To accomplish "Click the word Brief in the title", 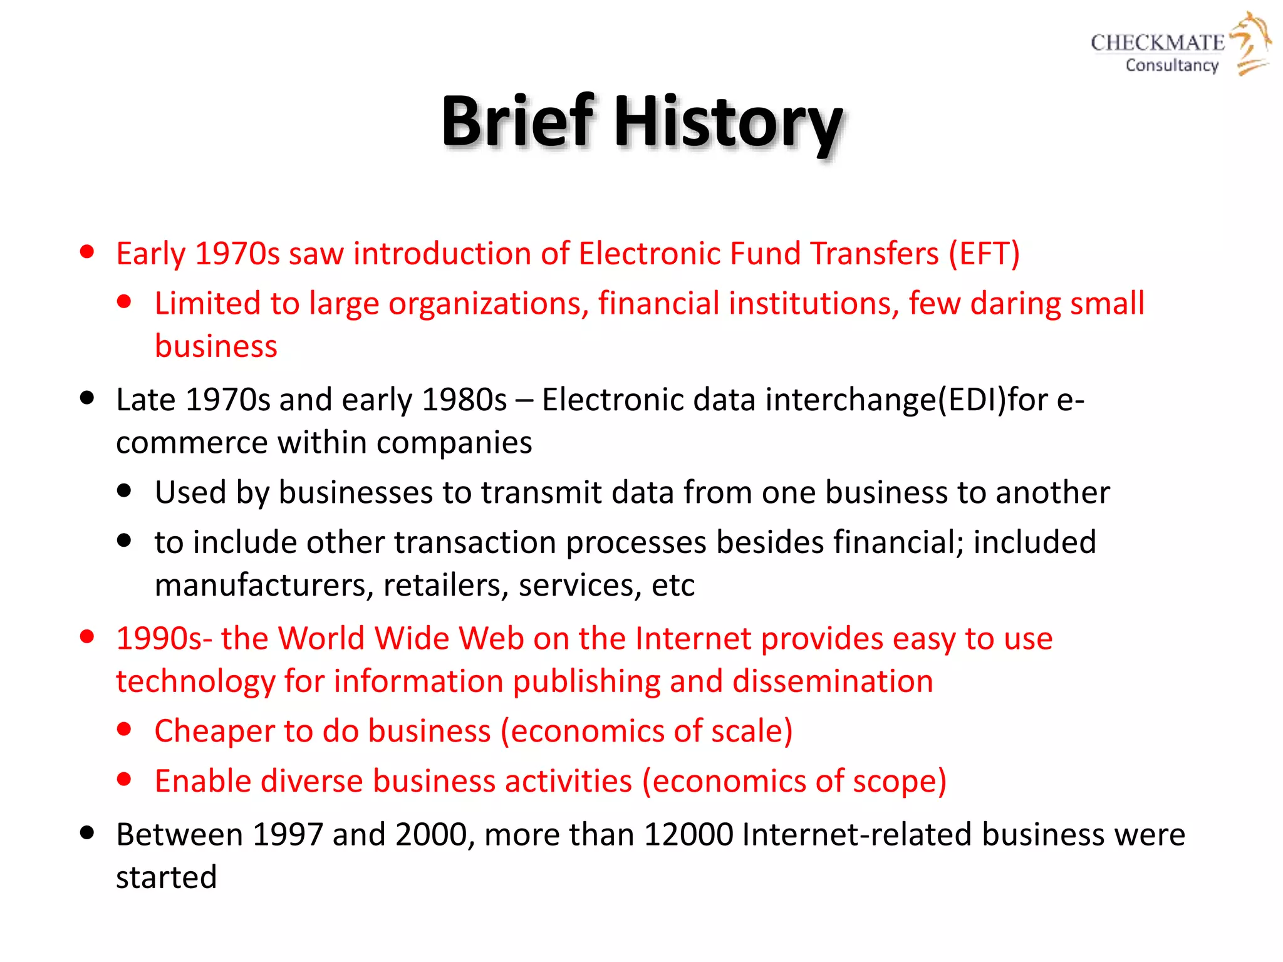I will pyautogui.click(x=517, y=122).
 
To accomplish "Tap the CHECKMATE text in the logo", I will pyautogui.click(x=1157, y=43).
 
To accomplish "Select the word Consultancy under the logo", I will pyautogui.click(x=1171, y=65).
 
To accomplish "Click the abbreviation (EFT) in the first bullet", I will pyautogui.click(x=984, y=254).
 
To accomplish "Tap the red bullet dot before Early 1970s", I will pyautogui.click(x=87, y=252).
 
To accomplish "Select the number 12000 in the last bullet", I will pyautogui.click(x=688, y=835).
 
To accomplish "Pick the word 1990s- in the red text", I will pyautogui.click(x=164, y=639).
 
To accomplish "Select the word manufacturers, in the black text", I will pyautogui.click(x=264, y=586).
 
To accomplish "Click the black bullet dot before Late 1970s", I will pyautogui.click(x=87, y=398).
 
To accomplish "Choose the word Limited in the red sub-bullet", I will pyautogui.click(x=207, y=304).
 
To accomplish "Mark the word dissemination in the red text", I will pyautogui.click(x=833, y=681).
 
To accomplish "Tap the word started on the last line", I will pyautogui.click(x=166, y=877).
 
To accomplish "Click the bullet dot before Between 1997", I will pyautogui.click(x=87, y=834).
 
